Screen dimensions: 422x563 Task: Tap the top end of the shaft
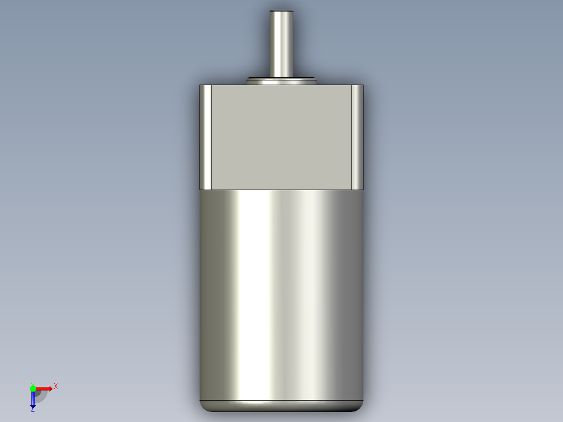pos(281,11)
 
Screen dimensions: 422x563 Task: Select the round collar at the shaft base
pos(282,80)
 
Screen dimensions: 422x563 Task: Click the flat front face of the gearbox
pos(281,137)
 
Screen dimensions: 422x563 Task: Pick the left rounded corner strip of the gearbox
pos(206,137)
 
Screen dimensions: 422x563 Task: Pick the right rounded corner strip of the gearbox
pos(357,137)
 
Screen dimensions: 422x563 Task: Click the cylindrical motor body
pos(281,292)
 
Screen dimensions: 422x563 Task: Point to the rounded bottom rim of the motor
pos(281,406)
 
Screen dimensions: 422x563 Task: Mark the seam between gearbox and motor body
pos(281,190)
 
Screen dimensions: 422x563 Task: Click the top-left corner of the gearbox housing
pos(201,86)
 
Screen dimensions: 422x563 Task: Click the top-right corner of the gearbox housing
pos(362,86)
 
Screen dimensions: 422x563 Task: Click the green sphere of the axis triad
pos(33,389)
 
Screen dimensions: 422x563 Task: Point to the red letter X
pos(56,386)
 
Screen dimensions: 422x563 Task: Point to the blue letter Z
pos(32,409)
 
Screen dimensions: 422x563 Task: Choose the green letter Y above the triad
pos(32,383)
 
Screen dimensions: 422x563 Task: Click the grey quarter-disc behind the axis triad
pos(41,396)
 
